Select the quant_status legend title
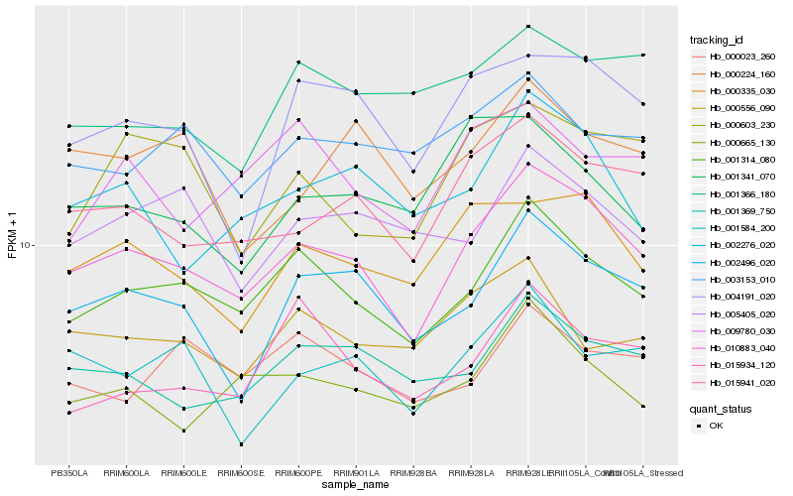click(x=721, y=408)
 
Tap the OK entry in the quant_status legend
click(x=717, y=426)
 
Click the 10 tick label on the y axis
click(x=26, y=245)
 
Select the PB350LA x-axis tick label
click(x=69, y=473)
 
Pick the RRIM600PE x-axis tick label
click(x=298, y=473)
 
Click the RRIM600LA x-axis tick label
click(x=126, y=473)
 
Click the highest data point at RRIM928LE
click(x=528, y=26)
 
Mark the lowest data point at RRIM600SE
click(x=241, y=444)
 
